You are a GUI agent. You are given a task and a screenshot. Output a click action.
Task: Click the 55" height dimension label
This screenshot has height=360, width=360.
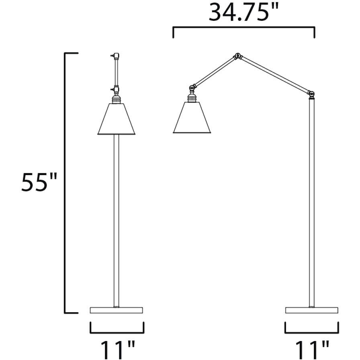coord(40,183)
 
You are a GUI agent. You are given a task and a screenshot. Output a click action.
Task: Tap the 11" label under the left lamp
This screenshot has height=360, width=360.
coord(117,349)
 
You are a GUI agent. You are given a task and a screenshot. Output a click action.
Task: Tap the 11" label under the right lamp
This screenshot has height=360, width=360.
coord(312,349)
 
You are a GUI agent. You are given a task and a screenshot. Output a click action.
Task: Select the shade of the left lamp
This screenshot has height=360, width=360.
coord(116,119)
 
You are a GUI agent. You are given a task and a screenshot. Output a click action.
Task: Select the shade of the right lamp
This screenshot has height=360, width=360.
coord(192,118)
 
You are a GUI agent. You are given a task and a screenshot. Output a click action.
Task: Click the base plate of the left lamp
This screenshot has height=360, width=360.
coord(117,310)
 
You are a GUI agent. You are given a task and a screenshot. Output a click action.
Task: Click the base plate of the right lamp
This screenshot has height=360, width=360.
coord(311,310)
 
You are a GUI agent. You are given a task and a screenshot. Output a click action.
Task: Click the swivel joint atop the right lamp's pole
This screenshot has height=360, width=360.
coord(311,94)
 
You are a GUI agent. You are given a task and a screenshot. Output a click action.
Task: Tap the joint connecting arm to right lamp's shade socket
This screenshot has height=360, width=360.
coord(193,86)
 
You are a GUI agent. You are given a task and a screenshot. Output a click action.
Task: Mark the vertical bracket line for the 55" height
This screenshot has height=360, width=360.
coord(65,183)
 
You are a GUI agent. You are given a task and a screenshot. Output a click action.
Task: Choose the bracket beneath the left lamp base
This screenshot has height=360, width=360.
coord(117,332)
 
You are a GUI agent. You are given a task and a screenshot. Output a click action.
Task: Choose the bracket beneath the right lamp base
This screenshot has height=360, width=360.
coord(311,332)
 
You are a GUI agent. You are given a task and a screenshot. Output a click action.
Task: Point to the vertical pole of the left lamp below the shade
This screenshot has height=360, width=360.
coord(116,221)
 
